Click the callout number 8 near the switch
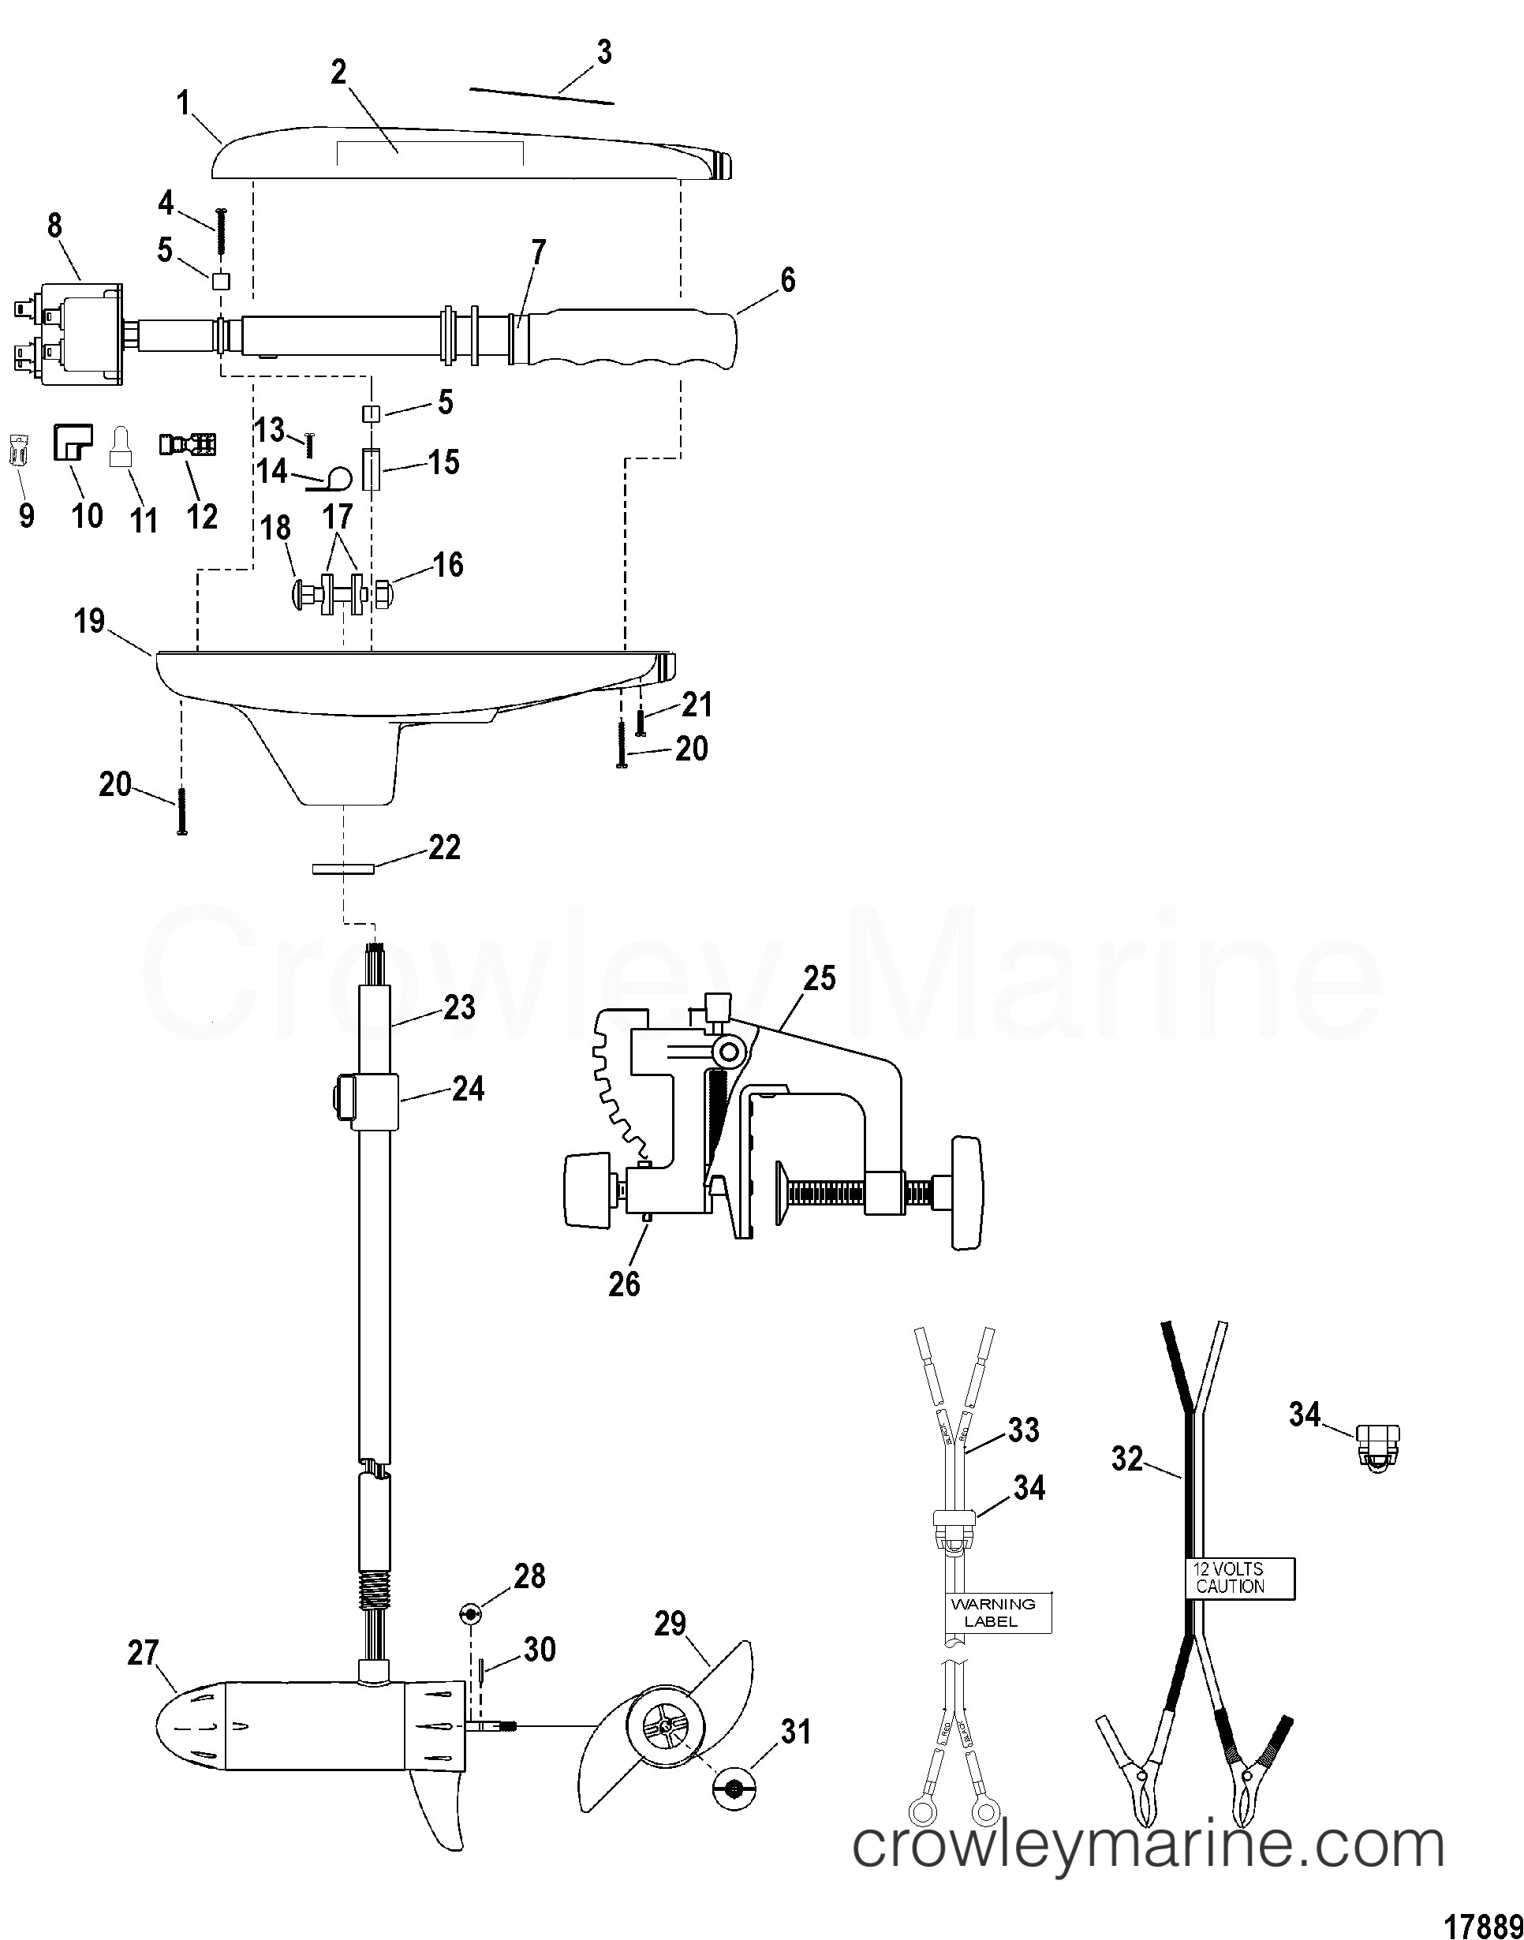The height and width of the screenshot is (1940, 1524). [x=54, y=226]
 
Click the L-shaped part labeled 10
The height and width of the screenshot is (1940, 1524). [x=73, y=442]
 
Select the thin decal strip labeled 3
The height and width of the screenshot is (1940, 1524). [x=542, y=95]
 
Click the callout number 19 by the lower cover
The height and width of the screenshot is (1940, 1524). [x=89, y=621]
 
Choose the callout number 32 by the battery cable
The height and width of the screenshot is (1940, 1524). [x=1127, y=1459]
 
